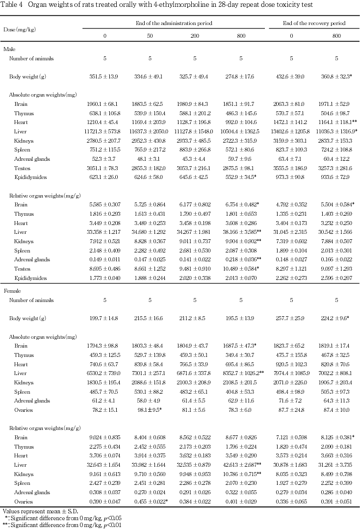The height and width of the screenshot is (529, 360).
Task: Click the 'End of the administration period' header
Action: (174, 23)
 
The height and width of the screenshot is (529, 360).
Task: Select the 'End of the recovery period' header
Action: (314, 23)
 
